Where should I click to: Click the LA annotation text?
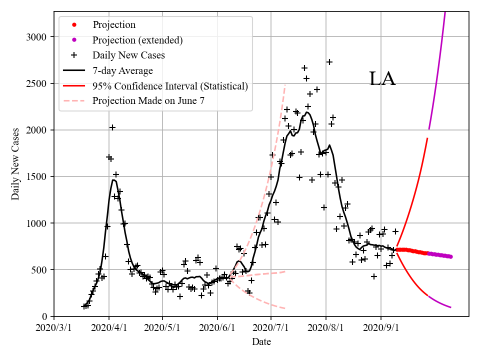click(x=382, y=79)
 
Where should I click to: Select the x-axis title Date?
click(x=261, y=342)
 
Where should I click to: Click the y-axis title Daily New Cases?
click(x=15, y=163)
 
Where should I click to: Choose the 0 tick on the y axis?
click(x=45, y=316)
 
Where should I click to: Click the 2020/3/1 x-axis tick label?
click(x=54, y=329)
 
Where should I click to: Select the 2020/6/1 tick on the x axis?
click(x=217, y=329)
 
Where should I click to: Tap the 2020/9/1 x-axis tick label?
click(x=381, y=329)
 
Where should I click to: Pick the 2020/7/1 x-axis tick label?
click(x=270, y=329)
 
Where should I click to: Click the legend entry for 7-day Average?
click(x=122, y=70)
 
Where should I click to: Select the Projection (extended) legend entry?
click(x=137, y=39)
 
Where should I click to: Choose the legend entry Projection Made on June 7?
click(x=148, y=101)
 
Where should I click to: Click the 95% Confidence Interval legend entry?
click(x=170, y=86)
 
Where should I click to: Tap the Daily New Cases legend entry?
click(x=128, y=55)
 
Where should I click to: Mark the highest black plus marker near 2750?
click(x=329, y=62)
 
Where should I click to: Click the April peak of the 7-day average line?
click(x=114, y=180)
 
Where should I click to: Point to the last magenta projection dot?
click(x=450, y=257)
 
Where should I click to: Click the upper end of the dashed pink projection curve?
click(x=285, y=85)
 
